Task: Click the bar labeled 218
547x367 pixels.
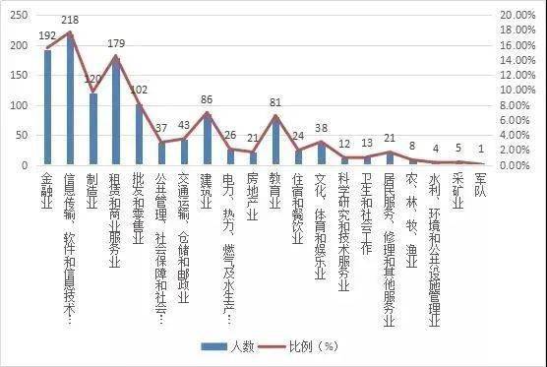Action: pos(70,98)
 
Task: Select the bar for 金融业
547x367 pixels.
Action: pos(47,107)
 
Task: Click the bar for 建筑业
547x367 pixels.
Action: pos(208,139)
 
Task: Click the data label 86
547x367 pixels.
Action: pos(208,100)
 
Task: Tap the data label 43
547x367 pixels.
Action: pos(184,126)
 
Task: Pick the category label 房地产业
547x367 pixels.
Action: pos(253,191)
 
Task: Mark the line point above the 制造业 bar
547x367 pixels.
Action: pos(93,92)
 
